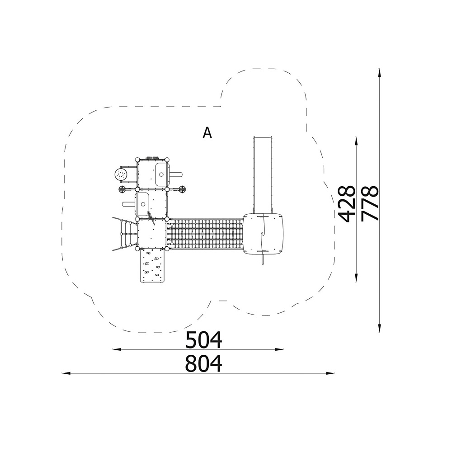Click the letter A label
point(207,133)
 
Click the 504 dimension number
point(203,340)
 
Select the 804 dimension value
point(203,364)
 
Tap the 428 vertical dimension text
point(346,204)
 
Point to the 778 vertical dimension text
point(370,204)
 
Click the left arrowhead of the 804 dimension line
point(66,373)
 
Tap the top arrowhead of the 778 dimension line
point(380,73)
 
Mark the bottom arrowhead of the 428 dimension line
point(357,278)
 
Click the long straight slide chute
point(263,175)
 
